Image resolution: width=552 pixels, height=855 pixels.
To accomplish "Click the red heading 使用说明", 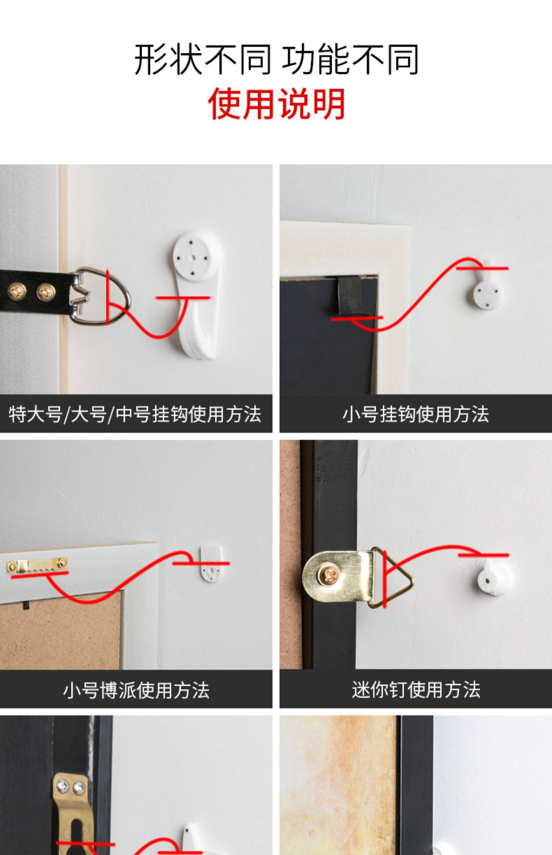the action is coord(276,104).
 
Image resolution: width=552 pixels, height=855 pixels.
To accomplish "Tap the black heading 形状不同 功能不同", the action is coord(276,59).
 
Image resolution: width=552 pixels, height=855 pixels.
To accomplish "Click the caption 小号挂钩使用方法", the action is coord(415,414).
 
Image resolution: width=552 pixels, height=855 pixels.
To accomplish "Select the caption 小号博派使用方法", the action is coord(136,690).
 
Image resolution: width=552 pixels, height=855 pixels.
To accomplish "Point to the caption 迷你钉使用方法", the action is coord(416,690).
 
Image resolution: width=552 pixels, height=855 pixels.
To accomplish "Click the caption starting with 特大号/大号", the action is coord(135,414).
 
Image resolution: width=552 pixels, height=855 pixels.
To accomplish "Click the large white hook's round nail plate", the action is coord(192,255).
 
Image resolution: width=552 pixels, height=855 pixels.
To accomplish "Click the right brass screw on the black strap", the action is coord(46,292).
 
